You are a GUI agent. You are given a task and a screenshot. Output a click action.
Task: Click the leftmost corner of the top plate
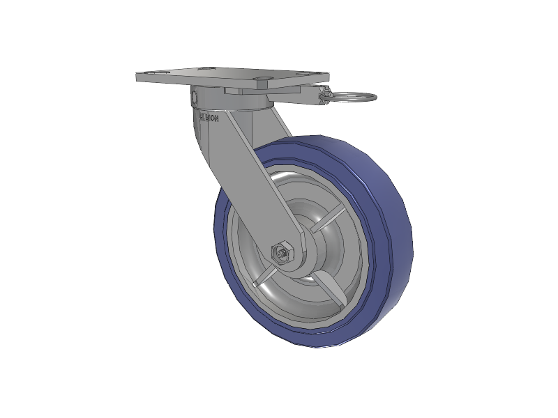135,77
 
